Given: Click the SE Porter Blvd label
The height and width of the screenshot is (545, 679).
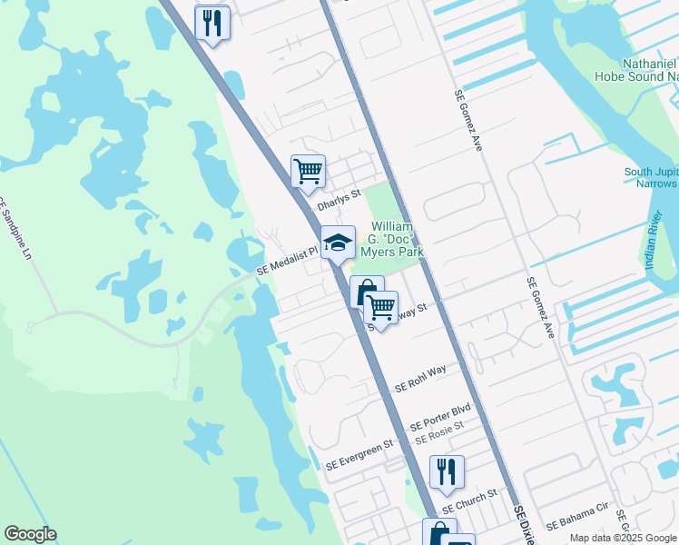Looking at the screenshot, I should pos(441,417).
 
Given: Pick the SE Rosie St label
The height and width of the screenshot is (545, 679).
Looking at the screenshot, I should pos(439,432).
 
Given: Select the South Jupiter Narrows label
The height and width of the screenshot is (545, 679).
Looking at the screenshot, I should pos(651,178).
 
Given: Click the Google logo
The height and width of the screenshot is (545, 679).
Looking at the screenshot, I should pos(30,534).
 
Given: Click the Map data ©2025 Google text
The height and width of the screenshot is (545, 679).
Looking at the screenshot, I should pos(622,538).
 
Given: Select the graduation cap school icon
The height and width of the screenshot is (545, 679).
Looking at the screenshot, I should pos(338,243).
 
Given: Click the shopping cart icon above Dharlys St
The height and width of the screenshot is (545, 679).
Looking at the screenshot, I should pos(309,170).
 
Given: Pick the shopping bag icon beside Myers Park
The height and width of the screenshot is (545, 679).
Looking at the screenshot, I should pos(366,292).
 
